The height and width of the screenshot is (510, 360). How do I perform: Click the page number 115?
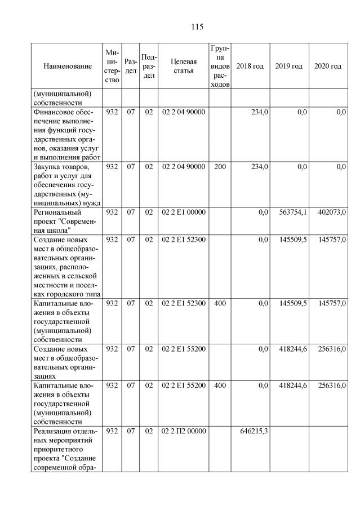coord(197,26)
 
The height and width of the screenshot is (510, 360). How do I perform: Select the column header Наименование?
coord(67,66)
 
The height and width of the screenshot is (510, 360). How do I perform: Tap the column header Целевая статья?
coord(183,66)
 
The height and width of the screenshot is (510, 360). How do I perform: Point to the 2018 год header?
coord(250,66)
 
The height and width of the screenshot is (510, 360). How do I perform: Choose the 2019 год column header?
coord(289,66)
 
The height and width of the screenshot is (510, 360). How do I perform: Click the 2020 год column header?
coord(328,66)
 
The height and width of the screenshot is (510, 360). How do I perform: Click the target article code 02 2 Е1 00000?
coord(184,212)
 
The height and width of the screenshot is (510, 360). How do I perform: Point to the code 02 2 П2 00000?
coord(184,432)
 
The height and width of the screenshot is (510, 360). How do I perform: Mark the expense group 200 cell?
coord(219,167)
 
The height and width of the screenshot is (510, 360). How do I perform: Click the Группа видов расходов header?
coord(219,66)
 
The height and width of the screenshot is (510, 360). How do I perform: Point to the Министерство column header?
coord(112,66)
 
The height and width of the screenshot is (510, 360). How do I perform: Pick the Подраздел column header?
coord(149,66)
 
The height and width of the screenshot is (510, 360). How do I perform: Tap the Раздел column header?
coord(131,66)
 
